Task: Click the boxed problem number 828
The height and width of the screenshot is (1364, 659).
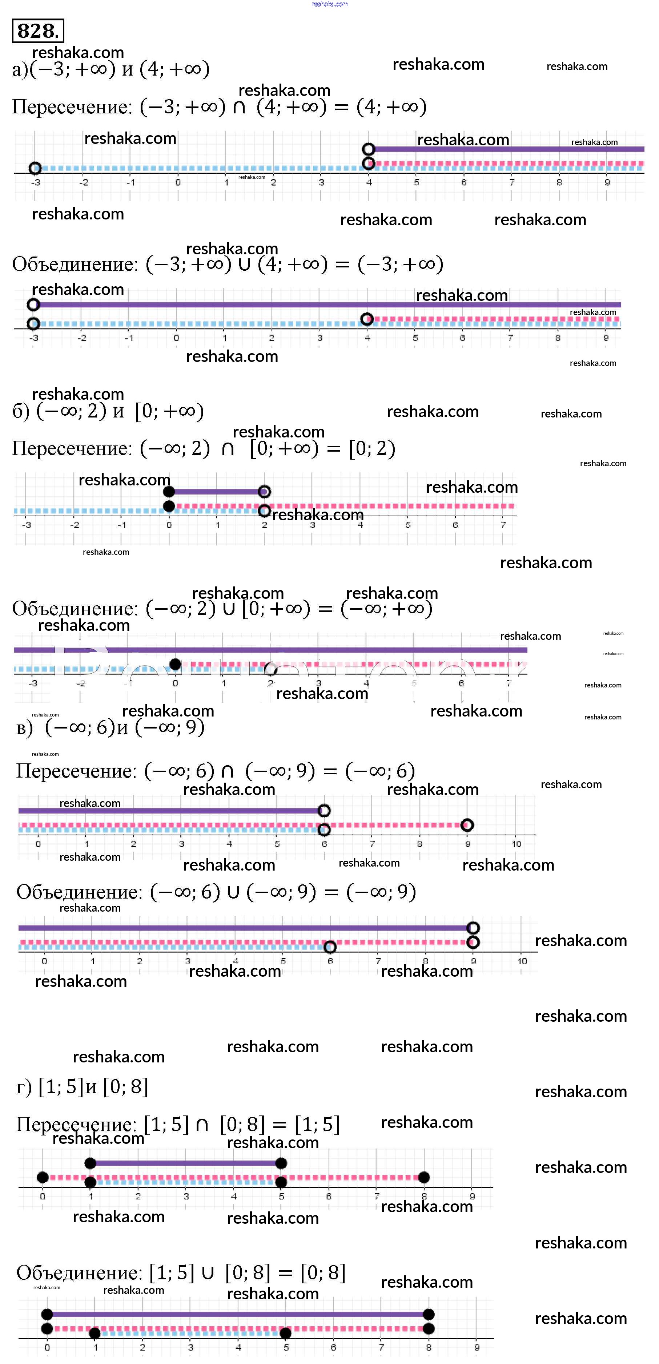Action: tap(37, 31)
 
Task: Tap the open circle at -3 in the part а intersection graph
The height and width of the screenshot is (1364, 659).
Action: tap(35, 168)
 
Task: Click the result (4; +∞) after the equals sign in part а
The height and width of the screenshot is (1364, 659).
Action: tap(391, 107)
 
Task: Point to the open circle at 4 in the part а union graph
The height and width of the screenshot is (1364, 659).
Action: tap(367, 319)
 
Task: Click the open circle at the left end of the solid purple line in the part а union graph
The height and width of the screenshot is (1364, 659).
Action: tap(33, 304)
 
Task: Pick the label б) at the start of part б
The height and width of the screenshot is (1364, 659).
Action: tap(21, 411)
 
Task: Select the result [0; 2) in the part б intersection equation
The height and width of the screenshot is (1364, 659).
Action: tap(372, 448)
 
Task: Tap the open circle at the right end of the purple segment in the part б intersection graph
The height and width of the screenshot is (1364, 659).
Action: tap(264, 492)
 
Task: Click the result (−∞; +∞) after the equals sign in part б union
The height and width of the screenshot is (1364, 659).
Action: tap(387, 608)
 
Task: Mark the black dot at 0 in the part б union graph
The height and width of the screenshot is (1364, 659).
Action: tap(175, 664)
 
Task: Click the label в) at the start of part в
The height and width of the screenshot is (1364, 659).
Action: tap(24, 728)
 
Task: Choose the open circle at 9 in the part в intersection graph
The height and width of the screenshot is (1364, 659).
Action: tap(467, 825)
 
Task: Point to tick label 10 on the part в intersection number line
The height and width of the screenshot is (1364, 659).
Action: tap(517, 844)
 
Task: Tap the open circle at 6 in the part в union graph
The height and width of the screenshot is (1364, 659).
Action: tap(330, 947)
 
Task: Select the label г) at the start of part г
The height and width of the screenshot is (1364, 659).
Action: tap(24, 1087)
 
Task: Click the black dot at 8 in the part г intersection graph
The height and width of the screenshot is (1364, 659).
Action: tap(424, 1178)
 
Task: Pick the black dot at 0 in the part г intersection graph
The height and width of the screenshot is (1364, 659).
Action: tap(43, 1178)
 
